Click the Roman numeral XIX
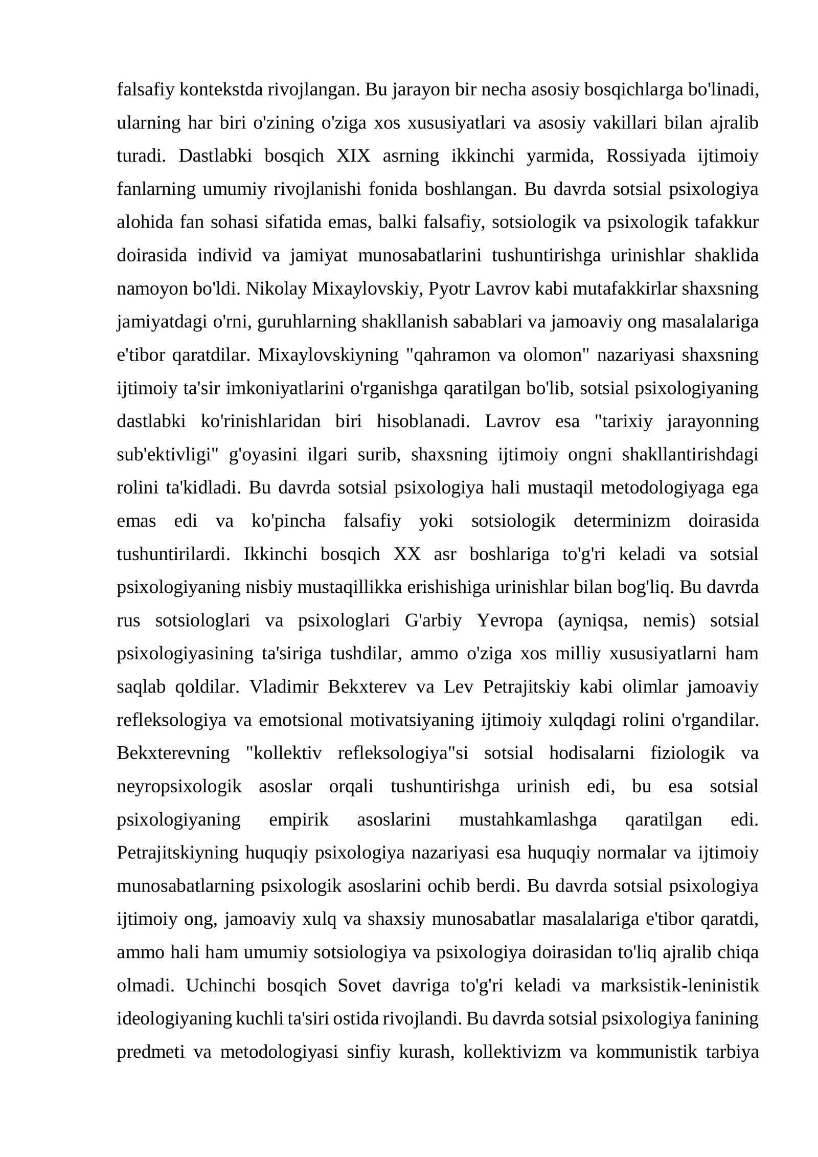353,156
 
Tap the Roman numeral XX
407,554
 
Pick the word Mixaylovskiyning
328,355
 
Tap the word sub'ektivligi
165,455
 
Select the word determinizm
622,521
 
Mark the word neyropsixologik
179,786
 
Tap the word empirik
299,819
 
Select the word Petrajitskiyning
178,853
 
